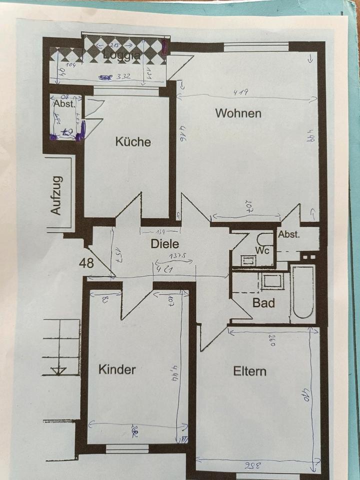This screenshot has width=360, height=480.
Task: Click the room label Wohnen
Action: pos(238,113)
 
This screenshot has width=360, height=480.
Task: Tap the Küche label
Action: pos(133,142)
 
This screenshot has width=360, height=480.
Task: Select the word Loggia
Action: pos(122,55)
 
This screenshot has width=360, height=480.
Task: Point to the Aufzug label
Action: pos(56,195)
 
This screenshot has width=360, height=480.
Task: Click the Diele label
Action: pos(164,244)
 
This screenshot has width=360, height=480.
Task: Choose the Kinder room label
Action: pos(117,370)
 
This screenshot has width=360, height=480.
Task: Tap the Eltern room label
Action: pos(249,371)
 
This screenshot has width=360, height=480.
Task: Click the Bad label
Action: pos(263,303)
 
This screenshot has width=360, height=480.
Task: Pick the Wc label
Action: pos(262,249)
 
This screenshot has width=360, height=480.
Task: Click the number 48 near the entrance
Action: pos(86,263)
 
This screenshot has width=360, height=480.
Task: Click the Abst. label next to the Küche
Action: pos(64,104)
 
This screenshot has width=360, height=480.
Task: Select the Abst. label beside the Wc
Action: pos(288,235)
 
